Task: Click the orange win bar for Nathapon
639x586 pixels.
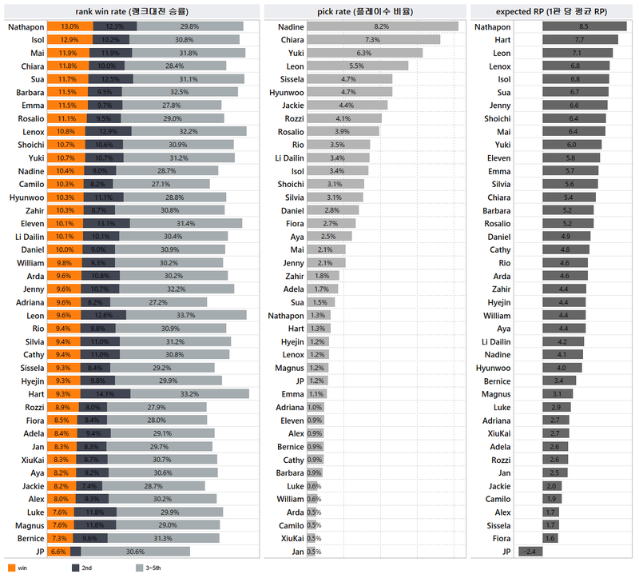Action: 70,26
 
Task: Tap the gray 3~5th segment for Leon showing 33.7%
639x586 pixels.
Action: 185,315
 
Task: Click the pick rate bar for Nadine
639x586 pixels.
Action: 382,26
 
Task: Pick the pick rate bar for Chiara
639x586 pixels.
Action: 373,39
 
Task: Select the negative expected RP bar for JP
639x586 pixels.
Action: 530,552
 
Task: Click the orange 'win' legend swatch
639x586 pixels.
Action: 11,568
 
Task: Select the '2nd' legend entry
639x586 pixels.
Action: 82,568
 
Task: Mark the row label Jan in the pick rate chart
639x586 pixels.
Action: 297,552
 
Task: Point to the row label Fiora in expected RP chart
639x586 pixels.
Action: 500,538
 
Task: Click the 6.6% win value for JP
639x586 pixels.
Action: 58,552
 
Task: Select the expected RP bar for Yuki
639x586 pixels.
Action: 571,145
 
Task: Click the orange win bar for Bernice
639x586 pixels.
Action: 60,538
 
